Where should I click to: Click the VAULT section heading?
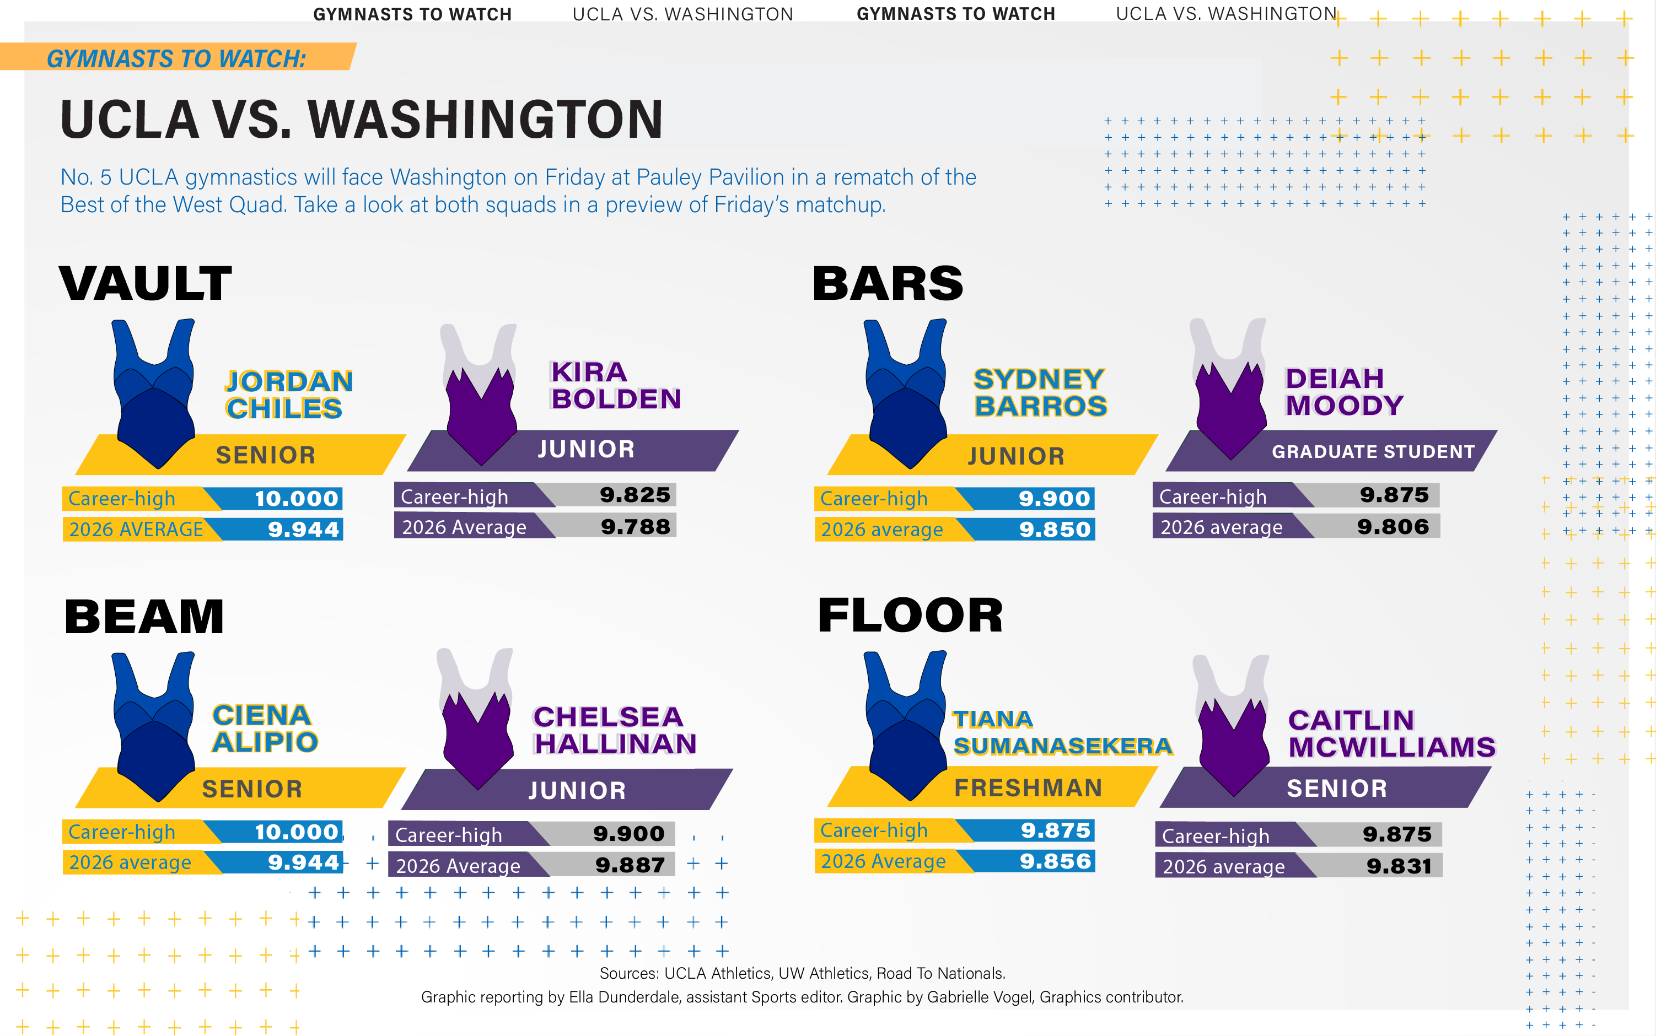tap(146, 283)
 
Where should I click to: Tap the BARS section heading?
tap(888, 283)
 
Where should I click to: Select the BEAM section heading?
tap(144, 616)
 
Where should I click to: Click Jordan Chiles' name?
tap(288, 395)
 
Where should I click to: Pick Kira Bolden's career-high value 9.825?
tap(635, 495)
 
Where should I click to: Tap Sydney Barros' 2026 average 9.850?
tap(1054, 529)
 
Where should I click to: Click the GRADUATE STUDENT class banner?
tap(1373, 451)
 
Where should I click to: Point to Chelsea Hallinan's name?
tap(615, 730)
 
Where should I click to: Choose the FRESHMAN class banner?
tap(1028, 788)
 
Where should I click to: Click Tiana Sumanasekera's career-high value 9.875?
tap(1056, 830)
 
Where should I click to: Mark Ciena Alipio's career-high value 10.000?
tap(297, 832)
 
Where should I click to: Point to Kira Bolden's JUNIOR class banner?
tap(586, 450)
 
